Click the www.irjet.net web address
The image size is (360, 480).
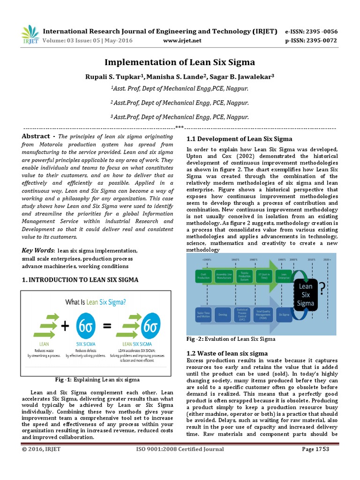click(x=182, y=40)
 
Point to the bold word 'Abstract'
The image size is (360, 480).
click(x=36, y=136)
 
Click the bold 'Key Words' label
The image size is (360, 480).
click(x=37, y=250)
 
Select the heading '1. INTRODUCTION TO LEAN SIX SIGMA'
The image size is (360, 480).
click(x=80, y=280)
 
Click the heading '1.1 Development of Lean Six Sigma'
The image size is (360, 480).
click(x=239, y=139)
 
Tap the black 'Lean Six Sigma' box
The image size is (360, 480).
click(x=306, y=294)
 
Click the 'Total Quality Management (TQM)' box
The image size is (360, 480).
click(x=263, y=314)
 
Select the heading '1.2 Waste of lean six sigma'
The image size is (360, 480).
click(x=227, y=353)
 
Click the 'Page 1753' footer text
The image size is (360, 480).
click(x=315, y=449)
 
